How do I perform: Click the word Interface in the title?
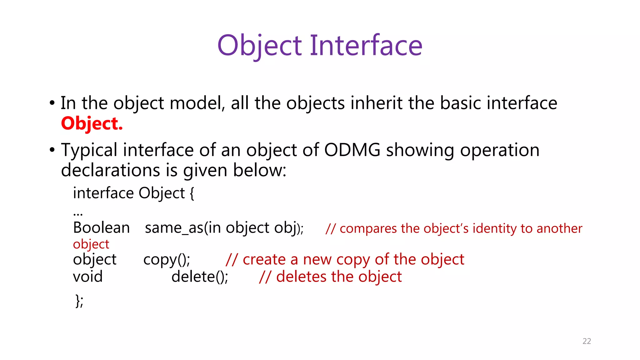pyautogui.click(x=366, y=46)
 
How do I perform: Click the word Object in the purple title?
pyautogui.click(x=259, y=46)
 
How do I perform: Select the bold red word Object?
pyautogui.click(x=92, y=124)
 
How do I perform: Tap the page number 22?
pyautogui.click(x=587, y=341)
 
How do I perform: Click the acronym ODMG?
pyautogui.click(x=352, y=150)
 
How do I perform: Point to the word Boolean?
pyautogui.click(x=101, y=228)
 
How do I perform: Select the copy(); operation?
pyautogui.click(x=167, y=260)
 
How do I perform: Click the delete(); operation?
pyautogui.click(x=200, y=277)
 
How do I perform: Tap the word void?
pyautogui.click(x=88, y=277)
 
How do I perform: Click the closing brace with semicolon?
pyautogui.click(x=79, y=301)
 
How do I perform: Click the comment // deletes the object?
pyautogui.click(x=330, y=277)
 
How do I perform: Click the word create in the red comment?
pyautogui.click(x=264, y=260)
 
